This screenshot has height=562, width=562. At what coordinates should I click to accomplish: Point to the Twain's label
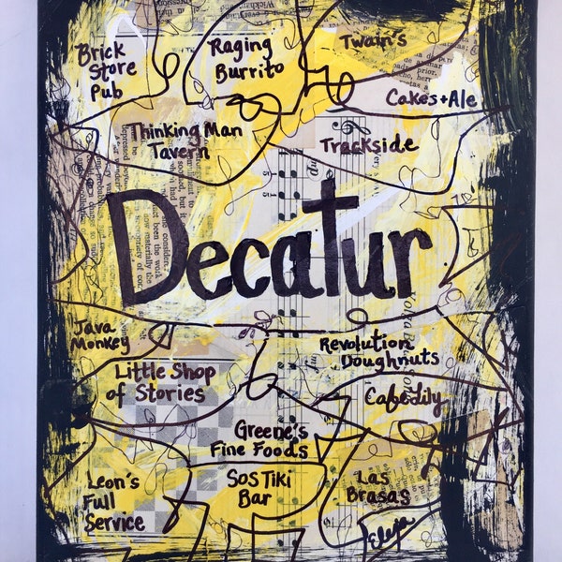[x=372, y=42]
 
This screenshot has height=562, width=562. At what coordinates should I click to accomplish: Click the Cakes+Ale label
[x=431, y=98]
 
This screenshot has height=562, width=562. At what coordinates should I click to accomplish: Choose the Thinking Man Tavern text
[x=185, y=140]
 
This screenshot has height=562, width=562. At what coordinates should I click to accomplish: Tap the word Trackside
[x=368, y=145]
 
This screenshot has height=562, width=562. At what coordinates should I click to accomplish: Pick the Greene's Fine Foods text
[x=258, y=440]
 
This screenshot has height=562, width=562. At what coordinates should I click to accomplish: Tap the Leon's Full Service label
[x=114, y=503]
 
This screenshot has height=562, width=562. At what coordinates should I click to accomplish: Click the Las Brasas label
[x=377, y=485]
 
